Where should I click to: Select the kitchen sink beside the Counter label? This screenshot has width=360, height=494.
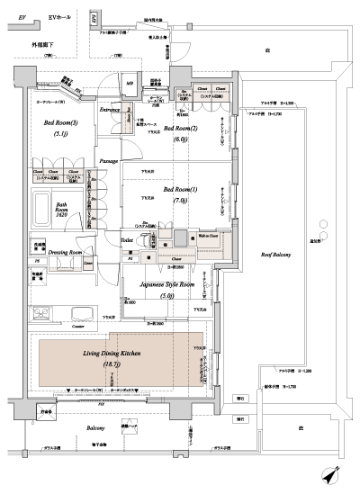(82, 315)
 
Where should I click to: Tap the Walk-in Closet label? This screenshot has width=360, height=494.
(209, 235)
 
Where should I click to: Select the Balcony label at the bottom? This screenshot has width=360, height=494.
(95, 428)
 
